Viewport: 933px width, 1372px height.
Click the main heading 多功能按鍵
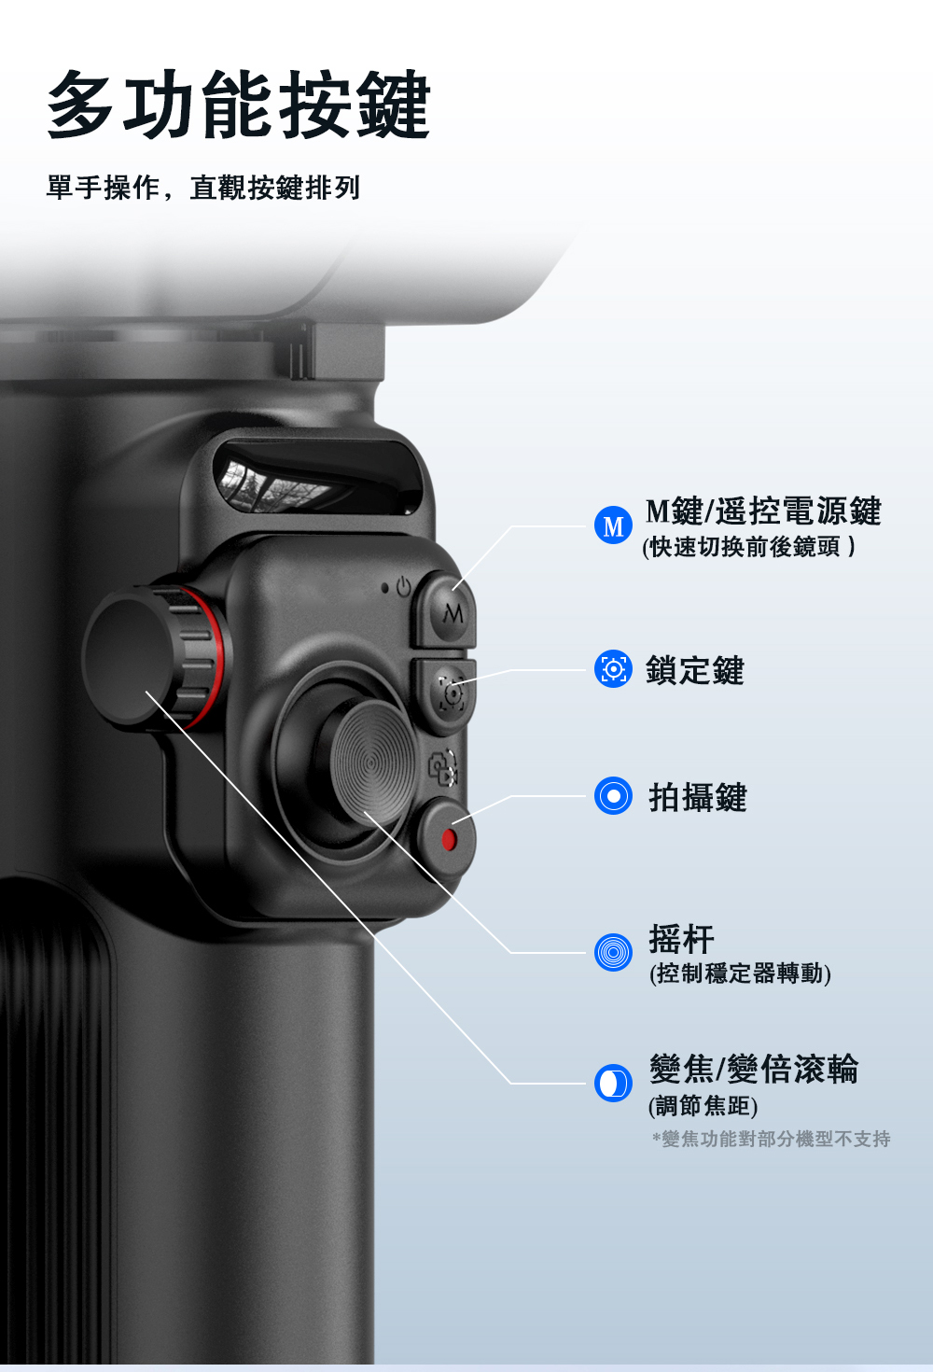click(x=239, y=105)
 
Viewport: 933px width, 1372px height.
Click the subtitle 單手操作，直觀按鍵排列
click(x=203, y=188)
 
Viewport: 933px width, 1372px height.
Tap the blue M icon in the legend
click(x=613, y=525)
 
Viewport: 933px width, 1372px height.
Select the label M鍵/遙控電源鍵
click(x=763, y=511)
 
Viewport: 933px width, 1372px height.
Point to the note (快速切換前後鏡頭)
click(x=748, y=546)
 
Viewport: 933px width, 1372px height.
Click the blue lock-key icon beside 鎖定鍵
click(x=613, y=669)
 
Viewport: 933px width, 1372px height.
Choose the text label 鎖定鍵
click(x=695, y=669)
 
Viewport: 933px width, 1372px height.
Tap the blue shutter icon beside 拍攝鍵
click(x=613, y=795)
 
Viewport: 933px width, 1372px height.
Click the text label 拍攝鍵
click(x=698, y=797)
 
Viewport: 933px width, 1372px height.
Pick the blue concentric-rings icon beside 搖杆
click(x=613, y=952)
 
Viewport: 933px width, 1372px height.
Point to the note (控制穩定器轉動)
click(x=740, y=973)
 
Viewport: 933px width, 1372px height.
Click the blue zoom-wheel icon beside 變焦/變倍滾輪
click(x=613, y=1083)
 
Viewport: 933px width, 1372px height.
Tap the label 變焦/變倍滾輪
click(x=754, y=1069)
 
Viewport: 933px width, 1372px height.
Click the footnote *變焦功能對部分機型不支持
click(x=772, y=1139)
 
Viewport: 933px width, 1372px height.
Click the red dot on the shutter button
click(x=449, y=840)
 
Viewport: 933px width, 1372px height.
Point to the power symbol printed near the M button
click(x=403, y=586)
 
